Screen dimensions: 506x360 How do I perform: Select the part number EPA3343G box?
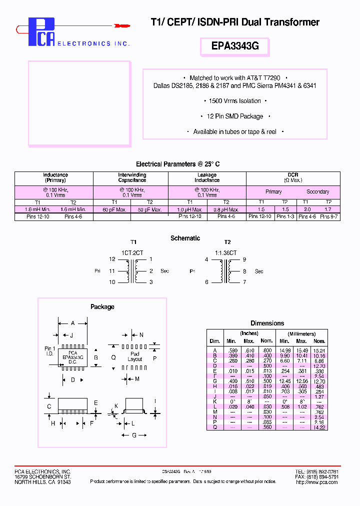234,46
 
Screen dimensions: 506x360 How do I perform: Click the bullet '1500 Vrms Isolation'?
234,101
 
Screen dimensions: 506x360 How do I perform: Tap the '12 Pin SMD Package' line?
234,116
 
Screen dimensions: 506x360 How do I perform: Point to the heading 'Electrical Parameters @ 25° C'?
177,164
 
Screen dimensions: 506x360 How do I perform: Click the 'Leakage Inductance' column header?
207,177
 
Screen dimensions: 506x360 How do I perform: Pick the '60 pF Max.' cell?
112,209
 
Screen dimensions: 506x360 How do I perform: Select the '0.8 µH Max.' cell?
226,209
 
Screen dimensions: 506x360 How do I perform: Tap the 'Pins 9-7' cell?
329,216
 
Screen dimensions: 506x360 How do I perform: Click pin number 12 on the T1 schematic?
112,259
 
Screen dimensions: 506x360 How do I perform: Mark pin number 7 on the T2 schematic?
244,282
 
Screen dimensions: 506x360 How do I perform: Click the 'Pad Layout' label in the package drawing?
135,356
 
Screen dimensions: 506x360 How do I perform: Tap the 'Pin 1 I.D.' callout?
49,351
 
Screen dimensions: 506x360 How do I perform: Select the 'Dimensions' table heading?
267,323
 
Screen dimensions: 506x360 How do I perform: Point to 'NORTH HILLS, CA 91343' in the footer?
42,482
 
